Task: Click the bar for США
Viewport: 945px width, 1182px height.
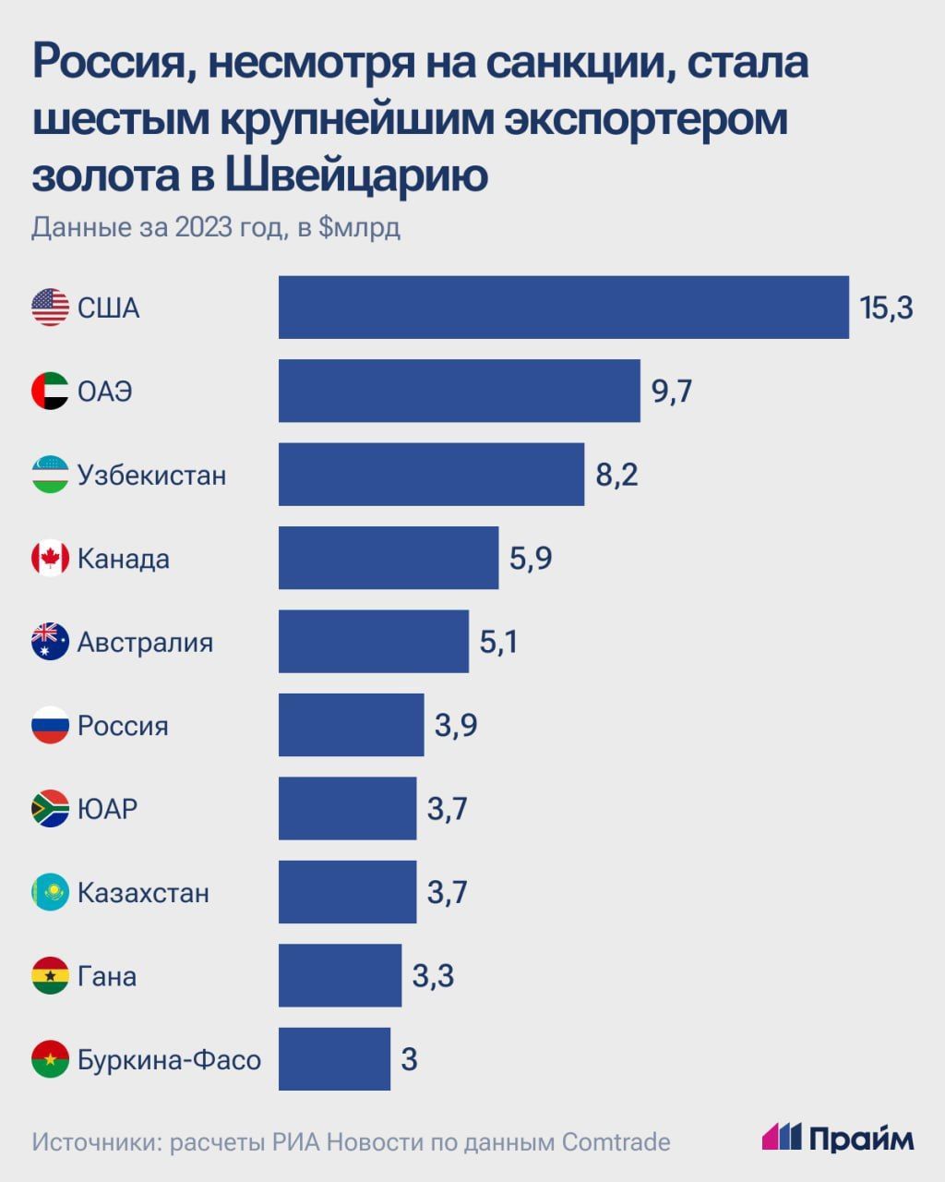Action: (x=563, y=308)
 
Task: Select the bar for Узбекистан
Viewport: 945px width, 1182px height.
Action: (x=431, y=475)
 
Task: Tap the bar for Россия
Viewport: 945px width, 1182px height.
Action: (x=351, y=725)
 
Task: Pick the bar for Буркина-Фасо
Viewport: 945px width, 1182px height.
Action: (x=334, y=1058)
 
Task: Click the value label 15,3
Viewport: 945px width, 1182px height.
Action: (x=886, y=308)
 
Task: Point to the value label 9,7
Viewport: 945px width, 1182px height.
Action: (x=672, y=392)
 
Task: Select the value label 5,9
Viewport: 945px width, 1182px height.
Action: (x=531, y=559)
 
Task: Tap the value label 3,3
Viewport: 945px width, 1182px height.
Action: (x=433, y=976)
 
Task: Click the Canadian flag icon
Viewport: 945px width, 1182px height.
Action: (x=50, y=559)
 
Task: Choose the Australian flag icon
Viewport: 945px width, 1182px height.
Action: (x=50, y=642)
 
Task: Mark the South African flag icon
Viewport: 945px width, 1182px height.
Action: (x=50, y=809)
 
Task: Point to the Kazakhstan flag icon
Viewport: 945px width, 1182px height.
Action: (x=50, y=892)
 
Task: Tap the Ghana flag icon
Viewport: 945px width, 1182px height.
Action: (x=50, y=976)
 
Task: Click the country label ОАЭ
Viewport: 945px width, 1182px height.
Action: (x=105, y=392)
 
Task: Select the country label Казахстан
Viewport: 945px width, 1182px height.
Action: (x=143, y=893)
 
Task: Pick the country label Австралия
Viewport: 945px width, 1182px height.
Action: (x=145, y=643)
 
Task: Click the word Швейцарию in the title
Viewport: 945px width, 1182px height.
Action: (x=356, y=175)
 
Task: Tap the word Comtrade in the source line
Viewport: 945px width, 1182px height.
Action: (x=616, y=1142)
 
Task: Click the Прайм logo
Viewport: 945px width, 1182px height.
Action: (x=838, y=1138)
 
